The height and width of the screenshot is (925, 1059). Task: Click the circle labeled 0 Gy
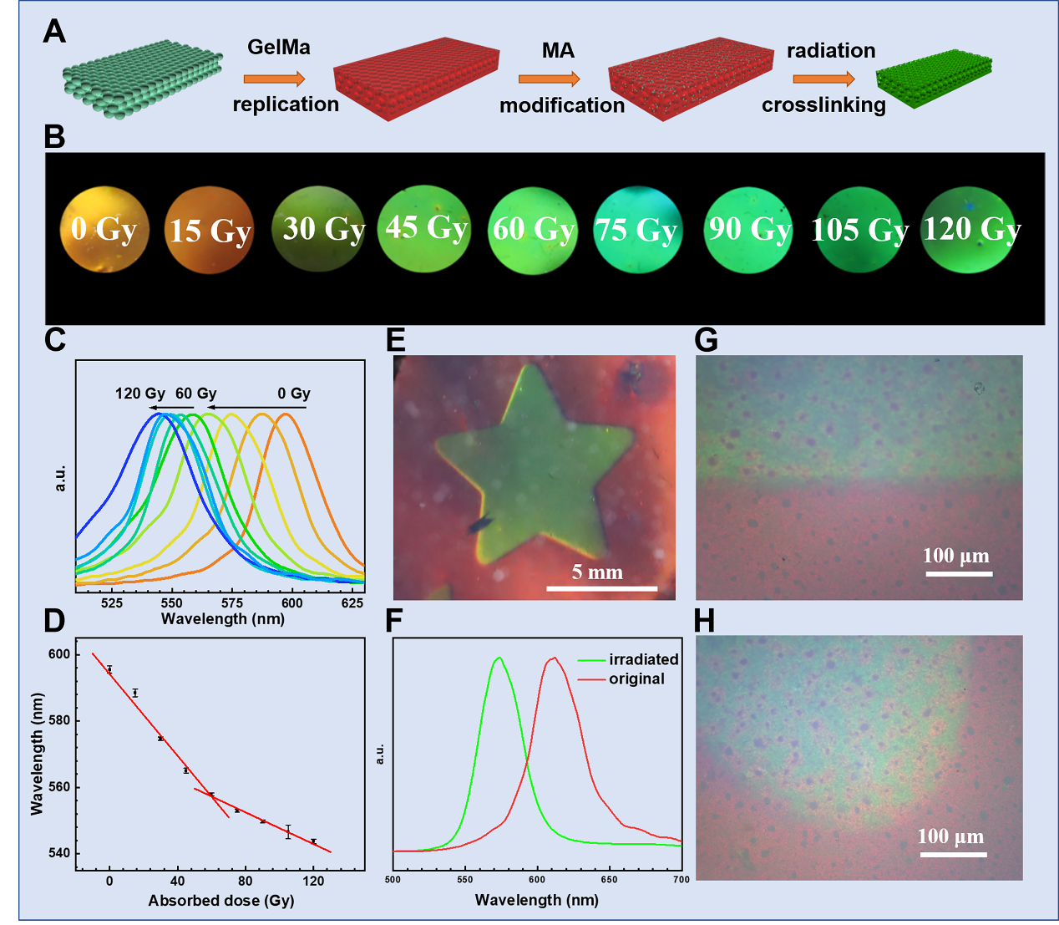[x=104, y=229]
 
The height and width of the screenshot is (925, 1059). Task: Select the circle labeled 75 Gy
[x=637, y=230]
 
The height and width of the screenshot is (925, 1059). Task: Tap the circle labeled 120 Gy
[x=970, y=230]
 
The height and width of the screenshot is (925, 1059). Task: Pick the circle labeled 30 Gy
[x=322, y=230]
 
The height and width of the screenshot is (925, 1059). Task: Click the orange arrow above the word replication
[x=275, y=79]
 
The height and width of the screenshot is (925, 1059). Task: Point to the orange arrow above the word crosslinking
[x=823, y=79]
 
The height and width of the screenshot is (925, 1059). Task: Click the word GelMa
[x=279, y=48]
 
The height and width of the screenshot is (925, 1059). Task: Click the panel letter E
[x=397, y=340]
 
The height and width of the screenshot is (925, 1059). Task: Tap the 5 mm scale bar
[x=601, y=588]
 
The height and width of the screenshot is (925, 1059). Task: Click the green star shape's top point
[x=525, y=370]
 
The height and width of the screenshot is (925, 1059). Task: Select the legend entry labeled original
[x=636, y=679]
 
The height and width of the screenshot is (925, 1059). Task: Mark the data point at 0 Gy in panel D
[x=109, y=669]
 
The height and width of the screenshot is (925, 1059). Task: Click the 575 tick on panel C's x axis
[x=231, y=603]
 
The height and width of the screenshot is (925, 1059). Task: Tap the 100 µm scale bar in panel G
[x=959, y=574]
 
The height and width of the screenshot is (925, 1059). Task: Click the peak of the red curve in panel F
[x=553, y=658]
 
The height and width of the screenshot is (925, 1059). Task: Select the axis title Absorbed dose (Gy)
[x=220, y=901]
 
